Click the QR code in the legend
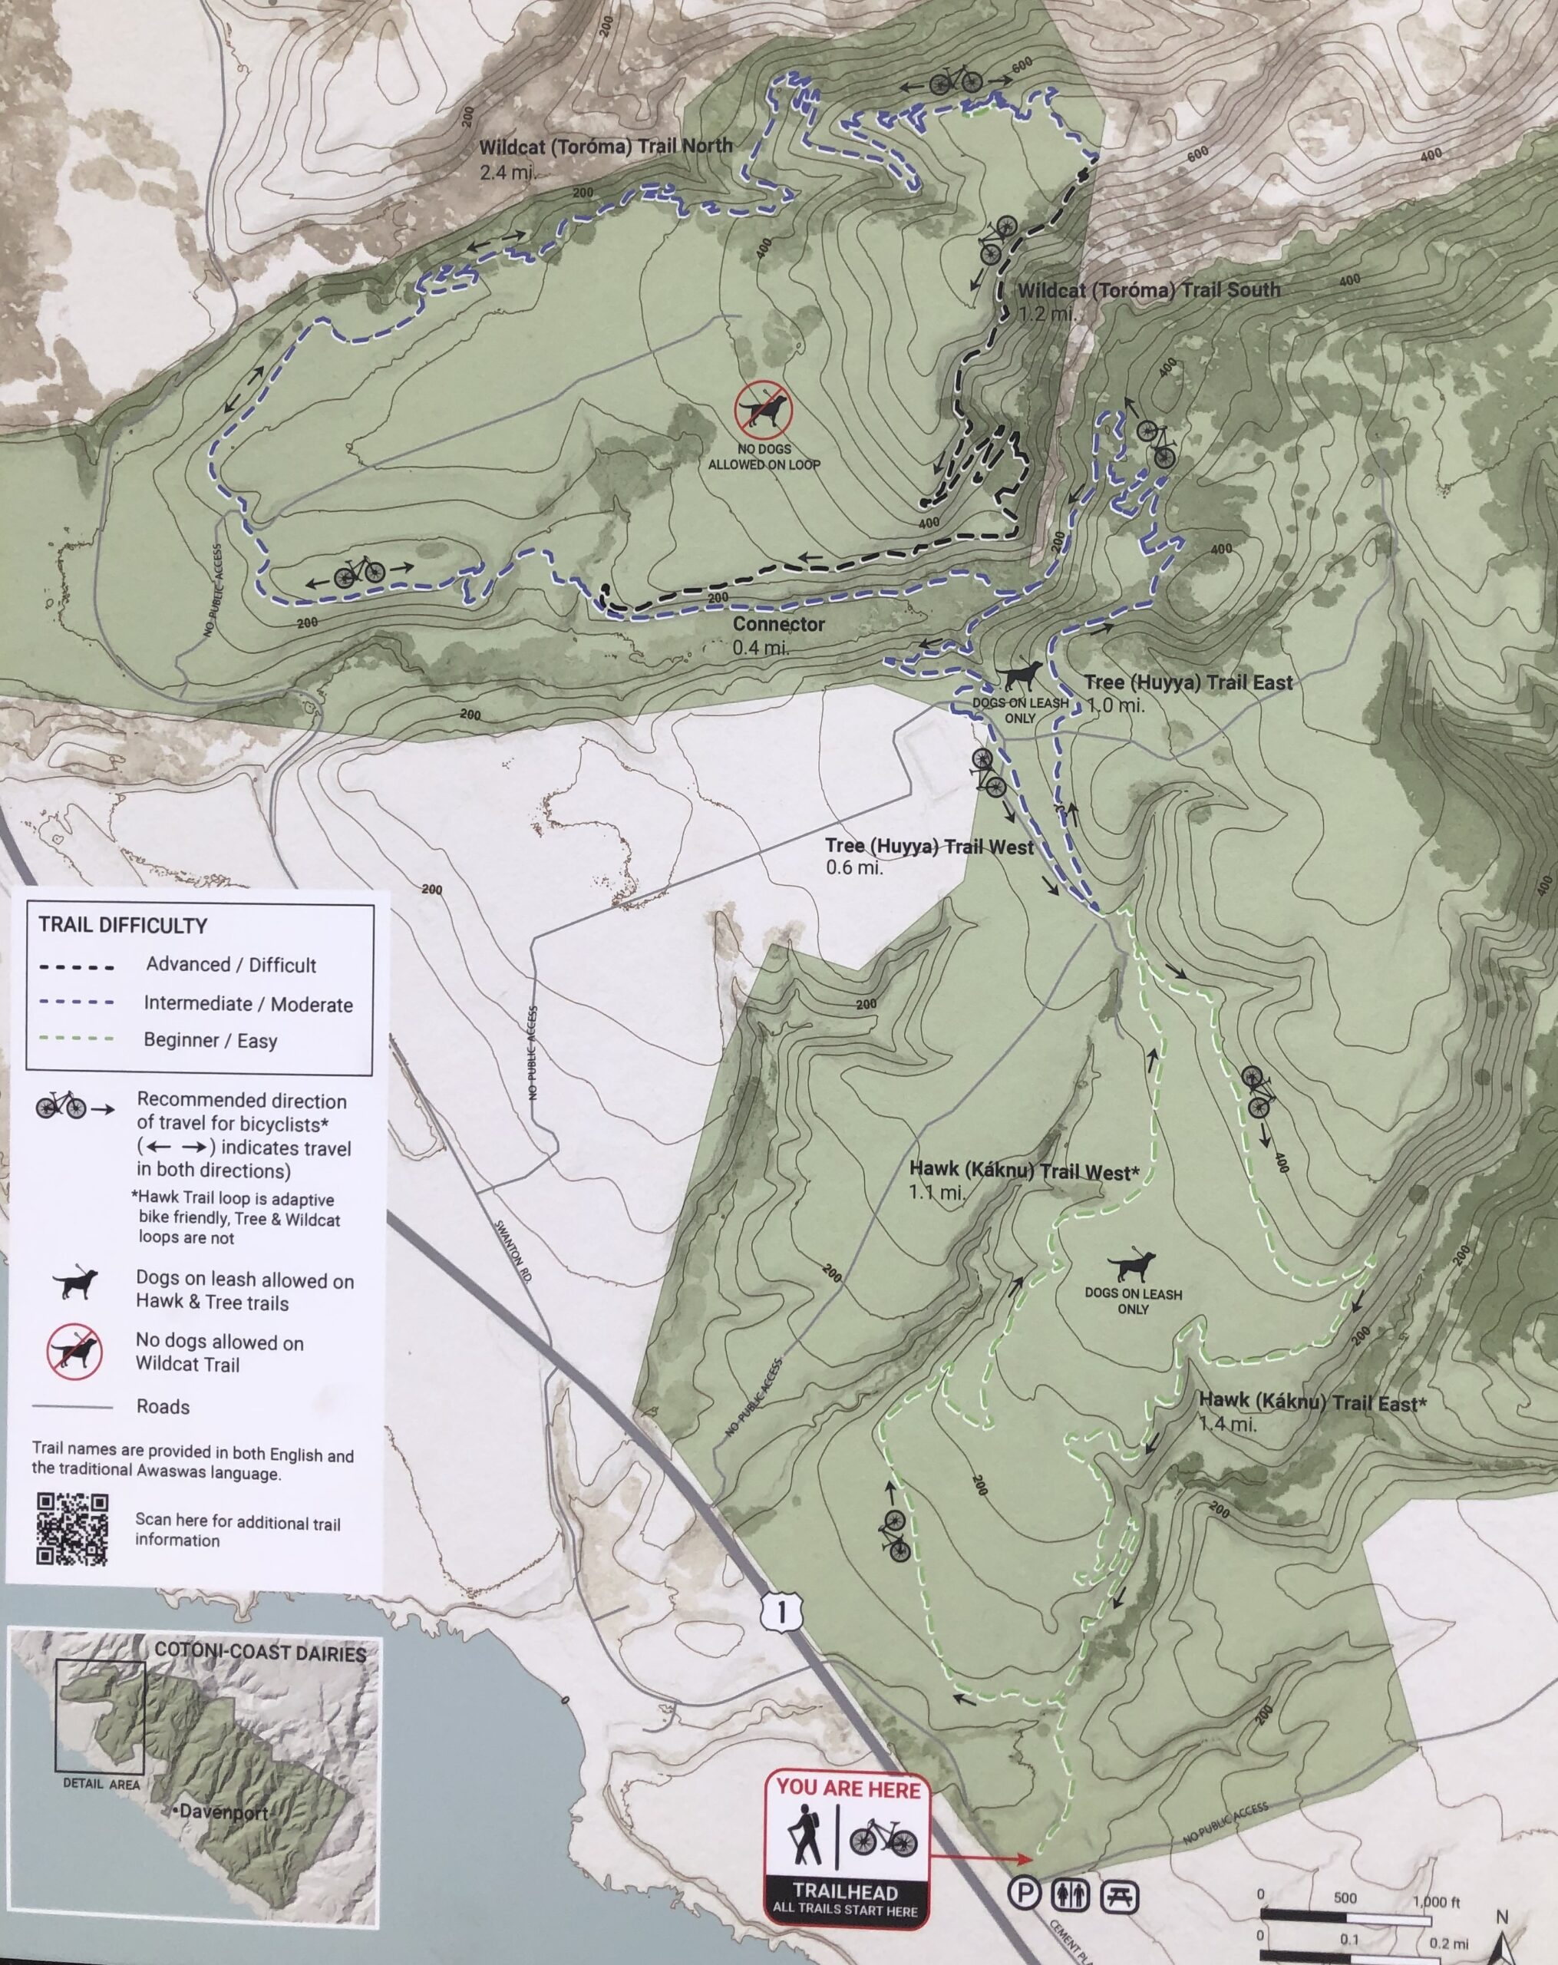pos(72,1528)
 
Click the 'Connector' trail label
pos(778,624)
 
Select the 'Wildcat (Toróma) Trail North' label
pos(605,146)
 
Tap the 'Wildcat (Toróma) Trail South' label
pos(1148,291)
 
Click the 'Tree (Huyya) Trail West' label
pos(929,847)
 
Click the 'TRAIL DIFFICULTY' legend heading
pos(122,925)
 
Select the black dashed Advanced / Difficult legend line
pos(77,966)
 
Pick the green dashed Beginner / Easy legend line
pos(77,1039)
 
